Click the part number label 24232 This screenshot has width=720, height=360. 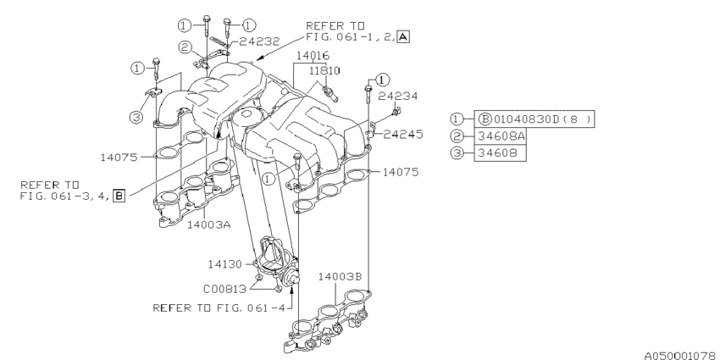click(259, 40)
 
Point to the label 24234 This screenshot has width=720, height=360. click(399, 96)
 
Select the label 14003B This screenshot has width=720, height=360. click(341, 276)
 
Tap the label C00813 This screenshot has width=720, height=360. click(226, 287)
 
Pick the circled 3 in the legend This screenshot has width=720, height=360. click(458, 153)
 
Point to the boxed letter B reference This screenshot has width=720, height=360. click(119, 196)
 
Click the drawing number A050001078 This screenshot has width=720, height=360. click(674, 348)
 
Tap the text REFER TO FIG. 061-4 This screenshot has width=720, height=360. click(219, 307)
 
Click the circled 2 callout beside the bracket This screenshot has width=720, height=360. click(184, 47)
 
